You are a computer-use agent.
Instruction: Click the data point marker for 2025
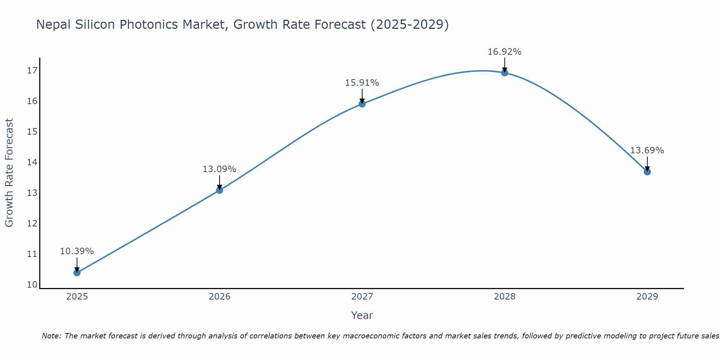coord(77,273)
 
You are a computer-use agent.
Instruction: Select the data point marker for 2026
coord(220,190)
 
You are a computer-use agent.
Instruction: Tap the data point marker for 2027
coord(362,104)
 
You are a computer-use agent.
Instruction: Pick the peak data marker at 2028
coord(505,73)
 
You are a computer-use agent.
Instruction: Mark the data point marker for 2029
coord(647,172)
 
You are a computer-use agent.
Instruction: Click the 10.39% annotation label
coord(77,251)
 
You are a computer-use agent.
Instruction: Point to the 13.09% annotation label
coord(219,169)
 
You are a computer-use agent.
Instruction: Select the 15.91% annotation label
coord(362,83)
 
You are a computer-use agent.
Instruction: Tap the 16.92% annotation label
coord(504,52)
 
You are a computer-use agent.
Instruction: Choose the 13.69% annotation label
coord(647,150)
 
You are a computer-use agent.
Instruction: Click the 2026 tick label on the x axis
coord(220,297)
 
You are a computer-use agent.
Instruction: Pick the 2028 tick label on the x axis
coord(505,297)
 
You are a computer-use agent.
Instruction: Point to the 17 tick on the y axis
coord(32,71)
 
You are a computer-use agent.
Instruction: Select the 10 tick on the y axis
coord(32,285)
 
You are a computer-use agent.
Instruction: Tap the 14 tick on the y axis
coord(32,162)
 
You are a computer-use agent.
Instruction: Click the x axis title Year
coord(362,315)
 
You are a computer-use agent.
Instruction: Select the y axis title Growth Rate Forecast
coord(9,173)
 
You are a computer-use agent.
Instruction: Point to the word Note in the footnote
coord(51,336)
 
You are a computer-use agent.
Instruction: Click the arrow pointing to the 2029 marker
coord(647,164)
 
